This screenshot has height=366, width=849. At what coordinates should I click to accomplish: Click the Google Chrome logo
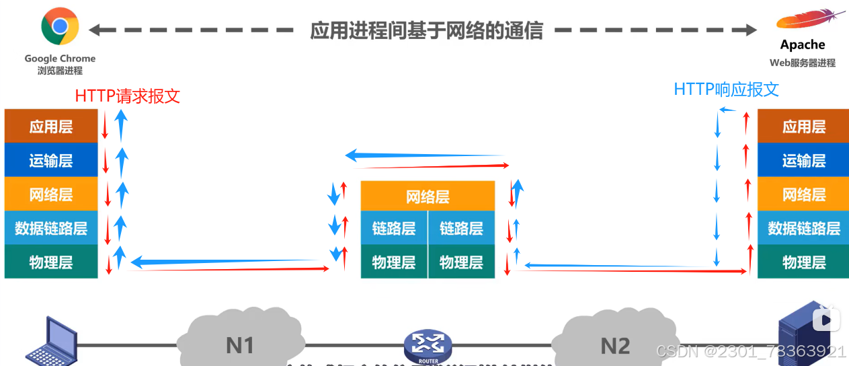click(60, 26)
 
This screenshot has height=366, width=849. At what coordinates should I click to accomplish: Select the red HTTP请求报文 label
click(128, 96)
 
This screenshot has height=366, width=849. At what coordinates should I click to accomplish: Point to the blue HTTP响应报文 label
click(726, 89)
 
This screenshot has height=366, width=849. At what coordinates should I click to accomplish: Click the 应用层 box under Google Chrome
click(51, 126)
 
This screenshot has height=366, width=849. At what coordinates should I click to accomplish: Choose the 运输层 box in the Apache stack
click(803, 161)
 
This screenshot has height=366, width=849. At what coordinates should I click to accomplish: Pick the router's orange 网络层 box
click(428, 196)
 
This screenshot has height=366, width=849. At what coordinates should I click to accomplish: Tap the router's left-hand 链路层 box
click(394, 228)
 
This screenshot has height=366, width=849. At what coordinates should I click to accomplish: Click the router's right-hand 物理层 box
click(461, 262)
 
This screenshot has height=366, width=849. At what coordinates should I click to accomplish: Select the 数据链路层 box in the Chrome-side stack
click(51, 228)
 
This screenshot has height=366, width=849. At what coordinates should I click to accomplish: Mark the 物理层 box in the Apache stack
click(803, 262)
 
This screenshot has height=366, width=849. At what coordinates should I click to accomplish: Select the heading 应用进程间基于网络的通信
click(426, 30)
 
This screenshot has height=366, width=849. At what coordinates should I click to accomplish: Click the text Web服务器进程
click(803, 63)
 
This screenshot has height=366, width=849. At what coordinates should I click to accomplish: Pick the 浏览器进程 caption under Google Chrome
click(60, 71)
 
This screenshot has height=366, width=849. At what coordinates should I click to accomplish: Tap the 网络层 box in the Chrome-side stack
click(51, 194)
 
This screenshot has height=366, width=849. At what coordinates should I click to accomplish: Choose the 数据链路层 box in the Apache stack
click(803, 228)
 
